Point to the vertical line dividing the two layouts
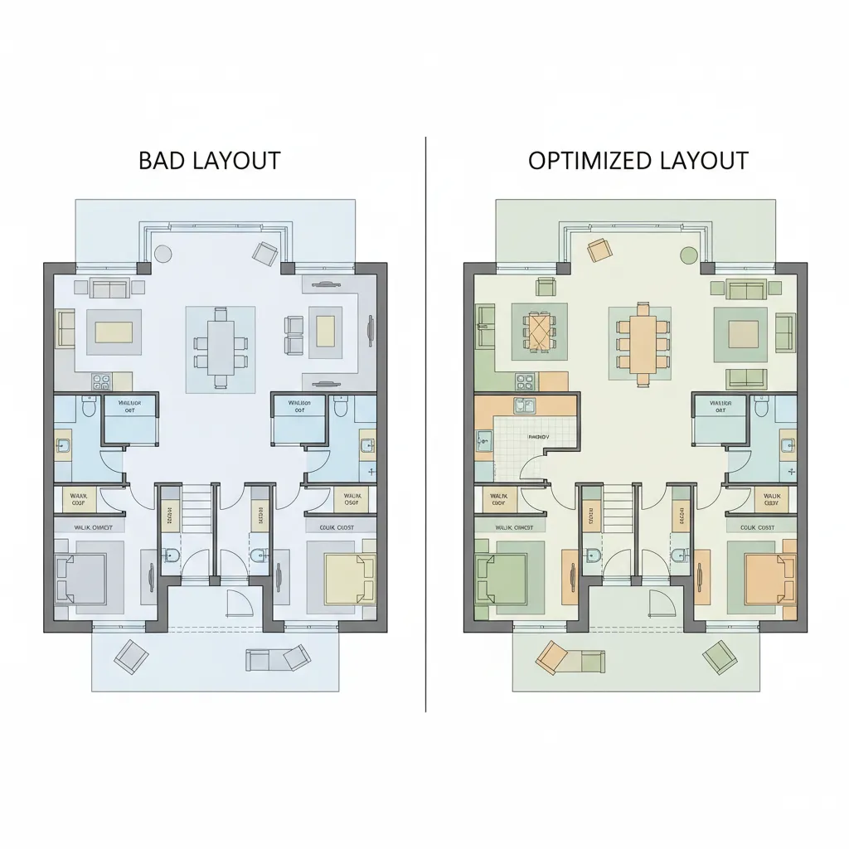(425, 415)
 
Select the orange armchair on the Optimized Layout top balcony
(599, 248)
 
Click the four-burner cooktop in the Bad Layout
(101, 382)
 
